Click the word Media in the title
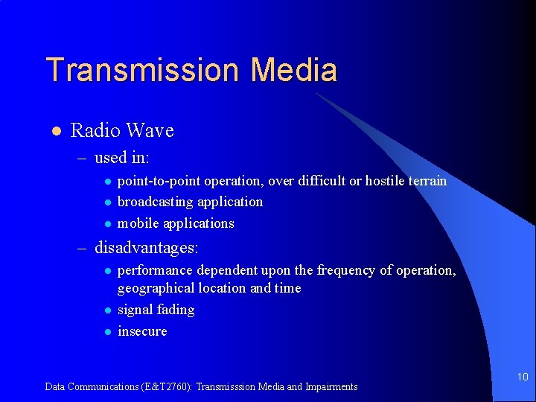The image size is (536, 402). point(294,70)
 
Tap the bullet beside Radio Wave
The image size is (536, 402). point(54,132)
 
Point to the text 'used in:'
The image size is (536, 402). point(122,158)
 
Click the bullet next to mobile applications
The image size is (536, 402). point(107,224)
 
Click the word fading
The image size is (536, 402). point(176,310)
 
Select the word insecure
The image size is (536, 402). point(142,331)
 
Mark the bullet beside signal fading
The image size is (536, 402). point(107,310)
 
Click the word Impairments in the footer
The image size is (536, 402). point(331,386)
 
